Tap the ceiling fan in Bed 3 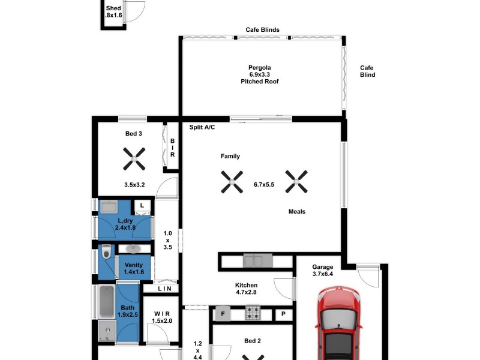coord(134,160)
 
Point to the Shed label coord(113,13)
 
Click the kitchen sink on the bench coord(257,261)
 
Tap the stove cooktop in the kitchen coord(253,313)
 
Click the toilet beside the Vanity coord(107,253)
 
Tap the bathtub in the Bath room coord(106,302)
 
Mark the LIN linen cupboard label coord(164,289)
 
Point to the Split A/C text coord(202,128)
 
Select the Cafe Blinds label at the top coord(262,29)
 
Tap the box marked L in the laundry coord(142,206)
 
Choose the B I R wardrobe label coord(172,148)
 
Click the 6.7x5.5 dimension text coord(264,185)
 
